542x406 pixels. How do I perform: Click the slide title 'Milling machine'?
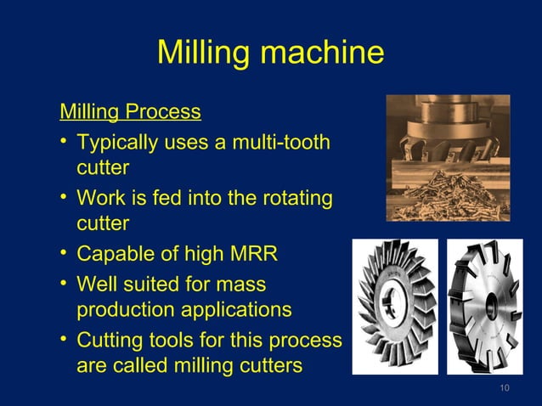pos(270,53)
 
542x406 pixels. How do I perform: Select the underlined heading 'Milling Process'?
pos(130,111)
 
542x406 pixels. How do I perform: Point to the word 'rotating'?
pos(292,198)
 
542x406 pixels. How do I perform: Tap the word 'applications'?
pos(238,309)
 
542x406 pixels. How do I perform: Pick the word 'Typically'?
pos(114,141)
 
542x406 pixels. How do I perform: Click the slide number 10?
pos(505,389)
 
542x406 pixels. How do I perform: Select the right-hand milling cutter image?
pos(484,307)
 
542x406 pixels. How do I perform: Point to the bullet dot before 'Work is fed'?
pos(64,198)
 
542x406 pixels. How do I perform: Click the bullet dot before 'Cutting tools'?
pos(64,340)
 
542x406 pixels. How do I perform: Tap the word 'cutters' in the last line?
pos(268,366)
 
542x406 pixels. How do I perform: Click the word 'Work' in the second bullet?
pos(98,198)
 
